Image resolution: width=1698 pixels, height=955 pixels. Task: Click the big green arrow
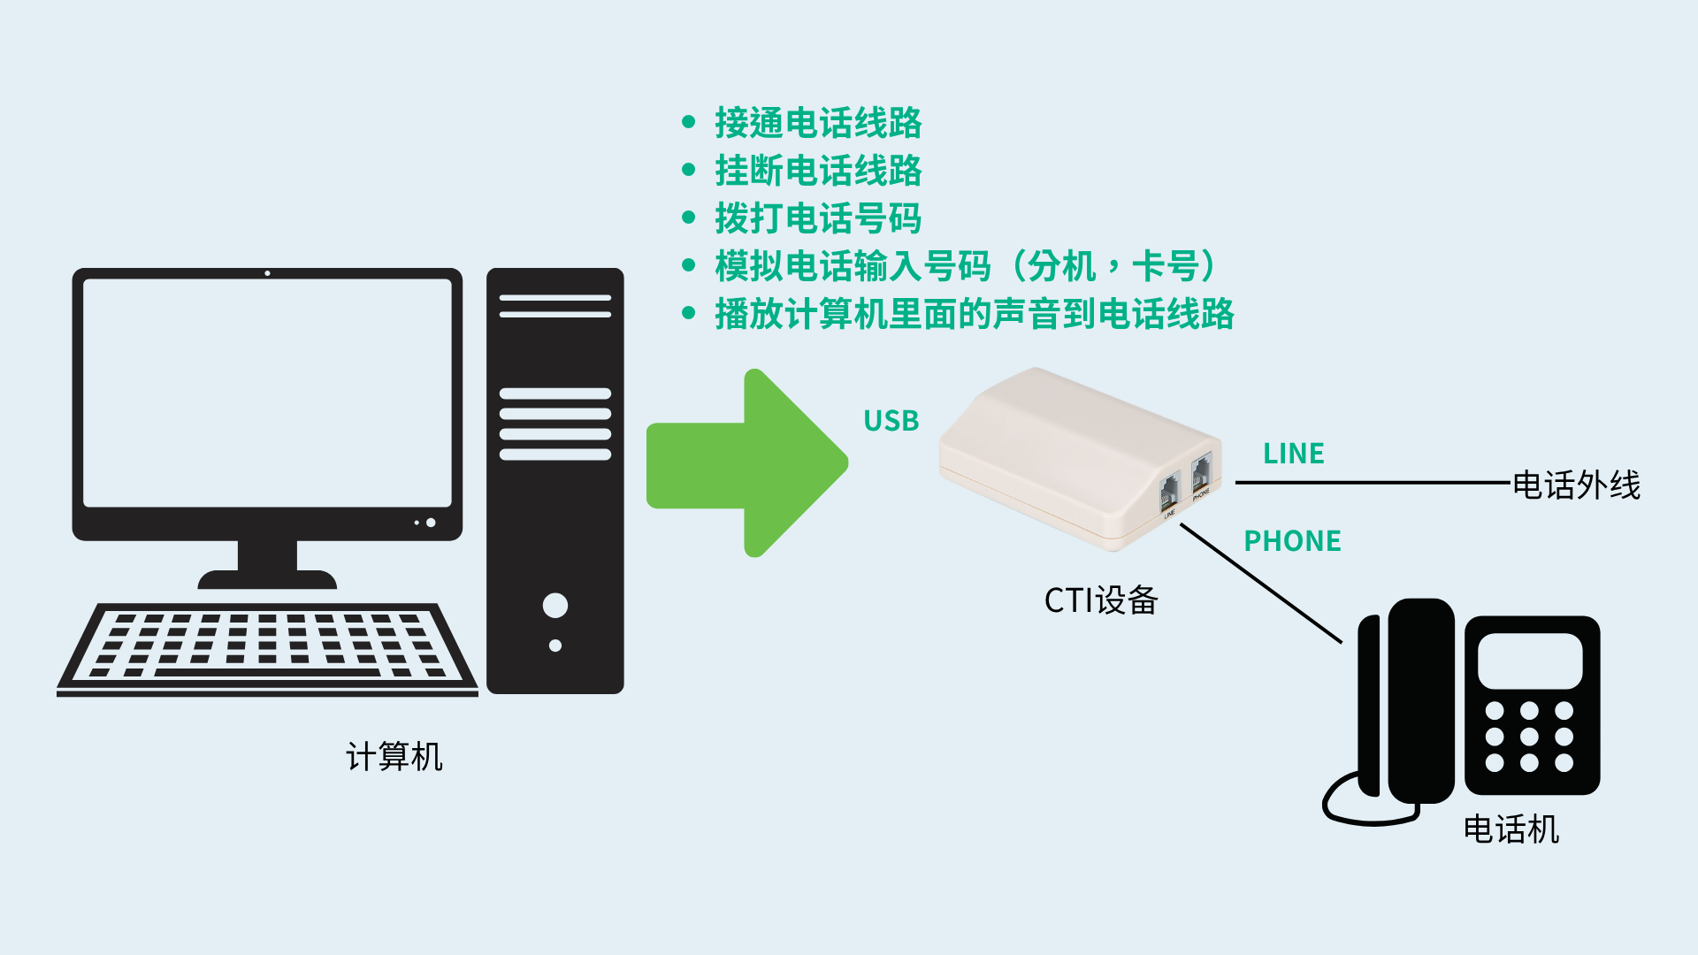(x=747, y=463)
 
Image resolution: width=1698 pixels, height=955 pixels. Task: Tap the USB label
(x=891, y=421)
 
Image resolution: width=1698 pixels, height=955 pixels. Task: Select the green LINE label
(x=1294, y=454)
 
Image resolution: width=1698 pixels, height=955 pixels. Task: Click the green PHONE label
(x=1293, y=541)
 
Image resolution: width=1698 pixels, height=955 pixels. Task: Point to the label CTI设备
(x=1101, y=600)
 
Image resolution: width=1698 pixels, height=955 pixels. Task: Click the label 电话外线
(x=1577, y=485)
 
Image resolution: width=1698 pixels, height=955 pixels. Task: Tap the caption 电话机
(x=1511, y=829)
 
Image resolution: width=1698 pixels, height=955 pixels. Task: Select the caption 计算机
(x=394, y=757)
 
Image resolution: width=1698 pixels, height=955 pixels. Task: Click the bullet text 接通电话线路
(x=818, y=123)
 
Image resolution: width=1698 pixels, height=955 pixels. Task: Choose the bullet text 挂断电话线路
(x=818, y=171)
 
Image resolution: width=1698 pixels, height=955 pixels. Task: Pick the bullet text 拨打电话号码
(x=818, y=218)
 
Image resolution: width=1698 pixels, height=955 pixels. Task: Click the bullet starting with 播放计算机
(x=975, y=314)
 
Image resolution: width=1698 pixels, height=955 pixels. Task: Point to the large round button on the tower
(x=555, y=606)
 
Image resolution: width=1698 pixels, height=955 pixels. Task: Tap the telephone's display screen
(x=1530, y=661)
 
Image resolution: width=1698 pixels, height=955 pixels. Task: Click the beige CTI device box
(x=1081, y=459)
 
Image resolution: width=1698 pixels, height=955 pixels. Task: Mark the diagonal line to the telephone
(x=1261, y=584)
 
